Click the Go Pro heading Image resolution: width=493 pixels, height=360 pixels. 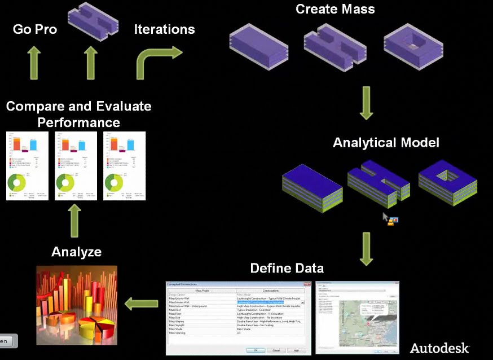pyautogui.click(x=35, y=29)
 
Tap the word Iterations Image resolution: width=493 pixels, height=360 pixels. pyautogui.click(x=164, y=29)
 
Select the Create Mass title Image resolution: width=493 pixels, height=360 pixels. pyautogui.click(x=335, y=9)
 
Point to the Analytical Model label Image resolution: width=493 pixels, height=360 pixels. pyautogui.click(x=386, y=142)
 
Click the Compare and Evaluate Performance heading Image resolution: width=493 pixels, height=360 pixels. pyautogui.click(x=78, y=113)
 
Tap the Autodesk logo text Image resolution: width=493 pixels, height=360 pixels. pyautogui.click(x=439, y=348)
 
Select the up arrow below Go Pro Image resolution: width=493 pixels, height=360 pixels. pyautogui.click(x=34, y=63)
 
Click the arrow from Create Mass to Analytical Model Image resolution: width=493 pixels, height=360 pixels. pyautogui.click(x=366, y=103)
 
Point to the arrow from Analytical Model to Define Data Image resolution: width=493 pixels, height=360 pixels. pyautogui.click(x=366, y=248)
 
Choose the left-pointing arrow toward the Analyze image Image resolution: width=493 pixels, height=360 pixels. pyautogui.click(x=141, y=304)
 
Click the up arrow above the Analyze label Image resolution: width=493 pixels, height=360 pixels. pyautogui.click(x=76, y=221)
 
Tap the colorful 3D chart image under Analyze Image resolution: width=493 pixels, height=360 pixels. pyautogui.click(x=77, y=305)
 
